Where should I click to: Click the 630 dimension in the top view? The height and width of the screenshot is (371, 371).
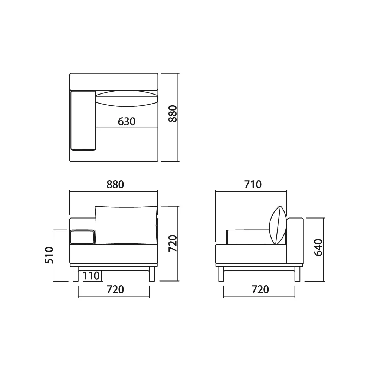pos(127,122)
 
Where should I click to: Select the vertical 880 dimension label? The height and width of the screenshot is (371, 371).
pos(173,114)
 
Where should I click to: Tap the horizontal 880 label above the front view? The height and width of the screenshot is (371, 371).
pos(115,184)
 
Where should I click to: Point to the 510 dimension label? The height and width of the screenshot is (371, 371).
pos(49,255)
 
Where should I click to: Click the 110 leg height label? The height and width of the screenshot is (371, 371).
pos(91,276)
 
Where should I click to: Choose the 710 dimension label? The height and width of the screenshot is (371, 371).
pos(253,184)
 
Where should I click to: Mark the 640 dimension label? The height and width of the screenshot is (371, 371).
pos(318,247)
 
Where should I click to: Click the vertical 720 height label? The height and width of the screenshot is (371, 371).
pos(173,243)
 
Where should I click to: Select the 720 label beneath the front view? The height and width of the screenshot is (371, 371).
pos(115,290)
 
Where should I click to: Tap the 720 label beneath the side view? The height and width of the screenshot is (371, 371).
pos(260,290)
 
